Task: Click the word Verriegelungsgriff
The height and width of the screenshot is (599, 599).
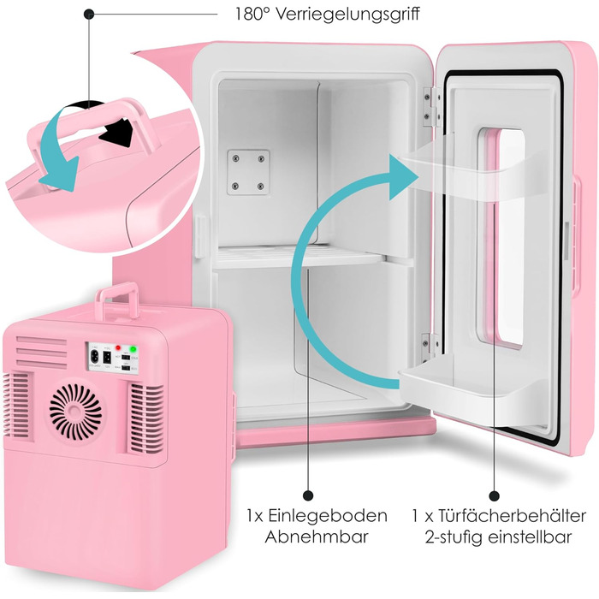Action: [x=347, y=15]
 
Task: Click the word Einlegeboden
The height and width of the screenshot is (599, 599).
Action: [x=327, y=515]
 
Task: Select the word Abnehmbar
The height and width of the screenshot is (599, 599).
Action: [x=317, y=537]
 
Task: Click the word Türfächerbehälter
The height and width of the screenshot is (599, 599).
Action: [x=512, y=515]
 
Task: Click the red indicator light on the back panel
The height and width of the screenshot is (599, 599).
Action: [x=118, y=348]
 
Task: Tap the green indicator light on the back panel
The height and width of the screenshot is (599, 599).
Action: [x=133, y=349]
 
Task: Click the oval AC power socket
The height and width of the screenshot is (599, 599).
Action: [x=93, y=357]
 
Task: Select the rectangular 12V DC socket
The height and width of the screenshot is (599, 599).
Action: [x=107, y=357]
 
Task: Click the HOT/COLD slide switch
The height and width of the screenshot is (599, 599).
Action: [x=126, y=357]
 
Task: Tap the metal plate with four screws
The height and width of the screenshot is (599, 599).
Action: [x=248, y=172]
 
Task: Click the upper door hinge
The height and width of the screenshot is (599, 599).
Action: [x=431, y=106]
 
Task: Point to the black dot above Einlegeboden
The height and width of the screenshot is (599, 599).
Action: [x=308, y=495]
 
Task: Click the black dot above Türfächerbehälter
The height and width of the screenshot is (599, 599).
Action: [x=495, y=495]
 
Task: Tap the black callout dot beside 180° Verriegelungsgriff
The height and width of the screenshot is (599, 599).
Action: [x=89, y=15]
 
